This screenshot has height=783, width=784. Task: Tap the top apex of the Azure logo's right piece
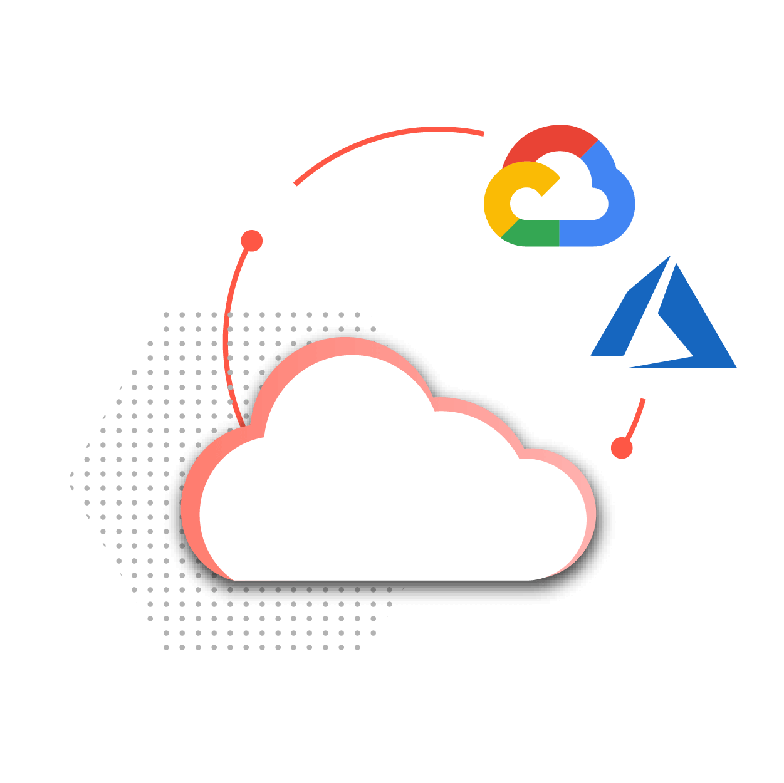coord(676,266)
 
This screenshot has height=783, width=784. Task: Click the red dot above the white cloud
coord(251,241)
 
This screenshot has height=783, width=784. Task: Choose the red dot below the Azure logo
coord(622,448)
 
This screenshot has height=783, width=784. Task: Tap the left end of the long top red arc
coord(296,184)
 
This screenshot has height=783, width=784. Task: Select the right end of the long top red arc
coord(483,133)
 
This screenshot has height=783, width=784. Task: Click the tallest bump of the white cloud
coord(351,388)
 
